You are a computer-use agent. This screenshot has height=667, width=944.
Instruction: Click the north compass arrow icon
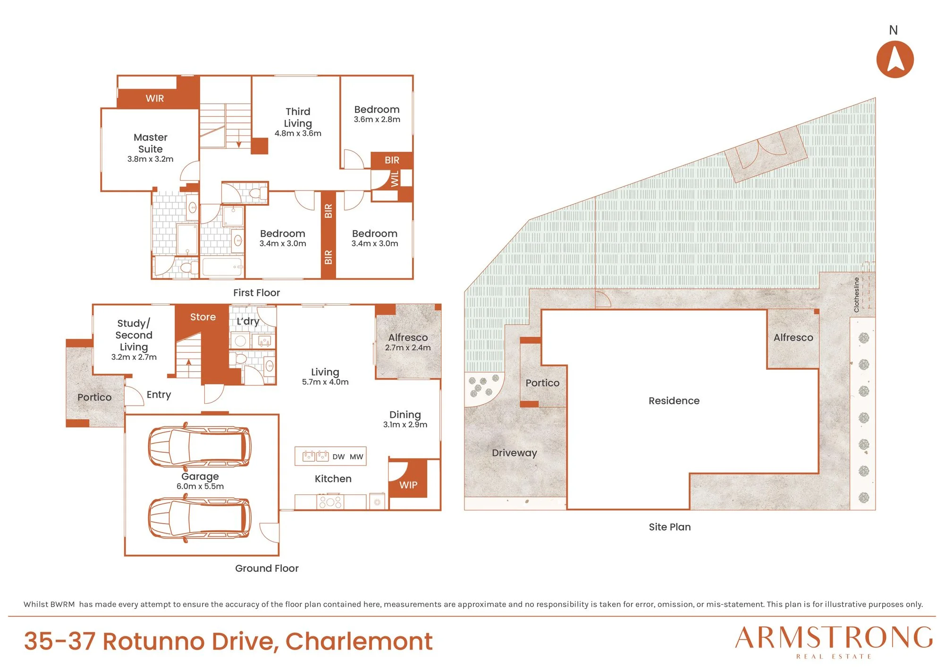[x=895, y=59]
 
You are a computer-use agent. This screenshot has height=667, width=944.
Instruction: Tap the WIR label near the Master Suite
[x=155, y=98]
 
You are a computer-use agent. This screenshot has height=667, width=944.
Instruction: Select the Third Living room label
[x=298, y=117]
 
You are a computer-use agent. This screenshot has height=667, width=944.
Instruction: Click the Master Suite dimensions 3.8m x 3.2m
[x=151, y=159]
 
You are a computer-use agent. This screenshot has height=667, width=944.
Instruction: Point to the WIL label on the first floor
[x=395, y=179]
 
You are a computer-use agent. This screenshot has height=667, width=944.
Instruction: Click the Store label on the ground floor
[x=203, y=317]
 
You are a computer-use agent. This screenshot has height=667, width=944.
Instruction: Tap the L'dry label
[x=248, y=321]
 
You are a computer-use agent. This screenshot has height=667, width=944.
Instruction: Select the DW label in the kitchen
[x=338, y=457]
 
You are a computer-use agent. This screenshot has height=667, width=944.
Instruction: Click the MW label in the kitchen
[x=356, y=457]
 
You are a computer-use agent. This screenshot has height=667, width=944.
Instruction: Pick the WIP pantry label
[x=408, y=485]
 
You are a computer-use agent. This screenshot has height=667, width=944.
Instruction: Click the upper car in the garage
[x=200, y=446]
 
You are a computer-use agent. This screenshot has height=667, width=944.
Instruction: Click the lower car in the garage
[x=200, y=518]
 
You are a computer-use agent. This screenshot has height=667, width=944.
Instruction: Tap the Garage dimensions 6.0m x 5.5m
[x=200, y=486]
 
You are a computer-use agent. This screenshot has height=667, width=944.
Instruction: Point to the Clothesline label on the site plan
[x=857, y=295]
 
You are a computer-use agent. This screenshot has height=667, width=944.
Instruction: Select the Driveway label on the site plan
[x=514, y=453]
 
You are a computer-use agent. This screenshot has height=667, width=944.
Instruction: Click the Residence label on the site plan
[x=674, y=400]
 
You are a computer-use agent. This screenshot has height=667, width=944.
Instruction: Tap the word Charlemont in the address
[x=359, y=641]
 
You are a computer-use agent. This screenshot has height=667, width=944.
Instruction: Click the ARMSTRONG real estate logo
[x=834, y=642]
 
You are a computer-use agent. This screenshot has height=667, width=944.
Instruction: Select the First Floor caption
[x=256, y=292]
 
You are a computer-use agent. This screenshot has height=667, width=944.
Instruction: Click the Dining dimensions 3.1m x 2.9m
[x=405, y=425]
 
